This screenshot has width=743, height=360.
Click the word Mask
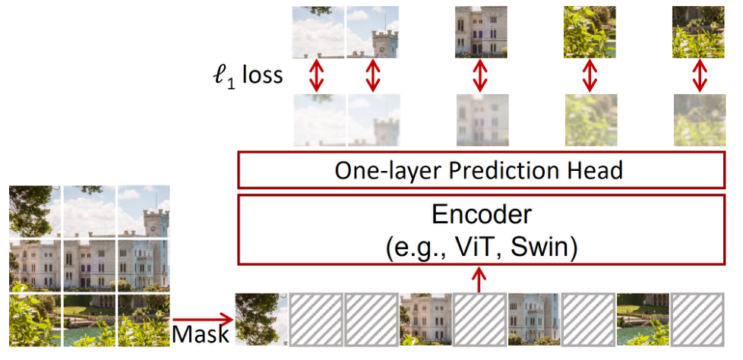pyautogui.click(x=198, y=333)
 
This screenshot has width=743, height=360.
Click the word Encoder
pyautogui.click(x=479, y=215)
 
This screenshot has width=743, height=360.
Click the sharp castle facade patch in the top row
pyautogui.click(x=480, y=32)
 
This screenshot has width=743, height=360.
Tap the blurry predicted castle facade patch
pyautogui.click(x=480, y=120)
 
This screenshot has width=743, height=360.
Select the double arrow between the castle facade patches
pyautogui.click(x=480, y=76)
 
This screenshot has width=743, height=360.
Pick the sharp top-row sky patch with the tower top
pyautogui.click(x=371, y=32)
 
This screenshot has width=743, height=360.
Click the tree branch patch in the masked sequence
pyautogui.click(x=261, y=319)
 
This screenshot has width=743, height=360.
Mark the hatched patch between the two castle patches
pyautogui.click(x=480, y=319)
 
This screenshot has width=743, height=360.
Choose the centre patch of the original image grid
pyautogui.click(x=90, y=264)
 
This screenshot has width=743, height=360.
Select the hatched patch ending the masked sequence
pyautogui.click(x=697, y=319)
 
